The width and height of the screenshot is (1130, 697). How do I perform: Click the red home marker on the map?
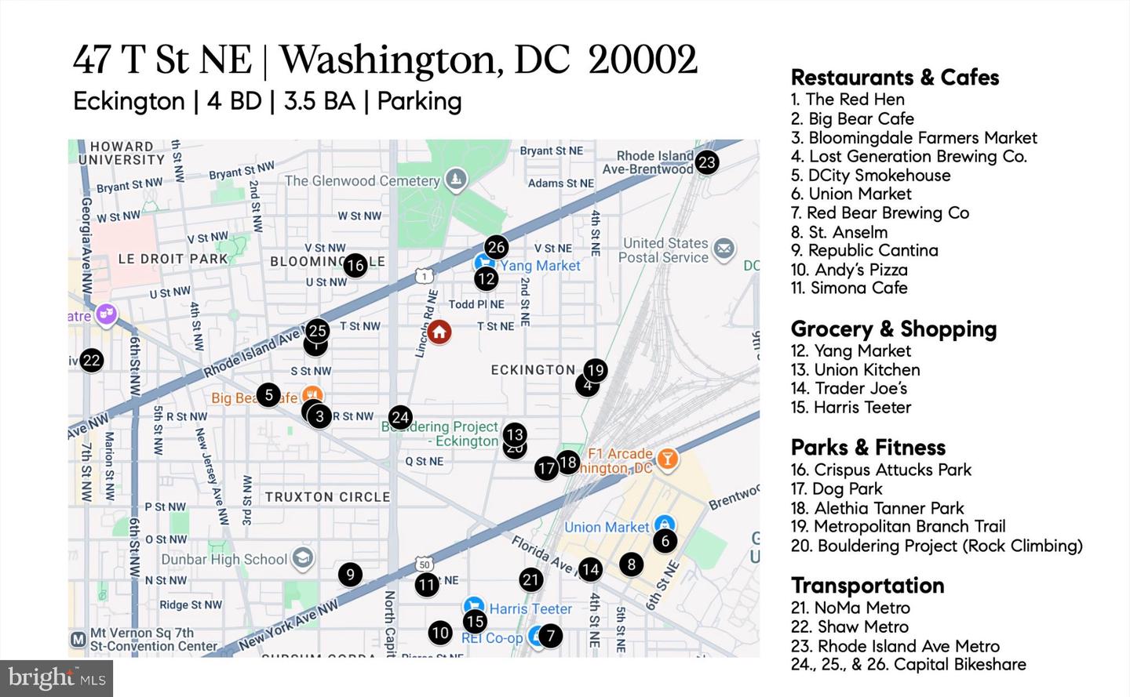click(439, 332)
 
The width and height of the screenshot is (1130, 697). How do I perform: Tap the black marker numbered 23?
click(706, 162)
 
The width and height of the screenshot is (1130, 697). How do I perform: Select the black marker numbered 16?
click(355, 265)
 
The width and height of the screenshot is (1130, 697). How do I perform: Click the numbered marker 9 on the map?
click(350, 575)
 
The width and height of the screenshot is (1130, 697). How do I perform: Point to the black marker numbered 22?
click(91, 360)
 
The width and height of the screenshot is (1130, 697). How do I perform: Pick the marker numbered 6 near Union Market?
click(665, 540)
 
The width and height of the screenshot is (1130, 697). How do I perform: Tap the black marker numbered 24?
click(400, 417)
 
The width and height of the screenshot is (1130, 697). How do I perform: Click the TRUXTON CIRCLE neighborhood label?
click(327, 496)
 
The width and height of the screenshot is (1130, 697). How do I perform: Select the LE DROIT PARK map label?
click(173, 258)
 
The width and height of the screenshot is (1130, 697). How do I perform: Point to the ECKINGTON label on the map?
click(533, 369)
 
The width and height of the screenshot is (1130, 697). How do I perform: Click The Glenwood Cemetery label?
click(362, 180)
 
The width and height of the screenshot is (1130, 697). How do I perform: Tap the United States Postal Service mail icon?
click(724, 249)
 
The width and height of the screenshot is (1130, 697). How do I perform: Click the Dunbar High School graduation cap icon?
click(303, 558)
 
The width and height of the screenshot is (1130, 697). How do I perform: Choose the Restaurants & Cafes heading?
click(895, 78)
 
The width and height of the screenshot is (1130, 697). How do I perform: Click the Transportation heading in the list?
click(867, 586)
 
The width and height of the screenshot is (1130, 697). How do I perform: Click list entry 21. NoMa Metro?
click(850, 608)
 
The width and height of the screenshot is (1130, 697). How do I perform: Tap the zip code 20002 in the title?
click(642, 60)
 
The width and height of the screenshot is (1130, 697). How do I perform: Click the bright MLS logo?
click(57, 677)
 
